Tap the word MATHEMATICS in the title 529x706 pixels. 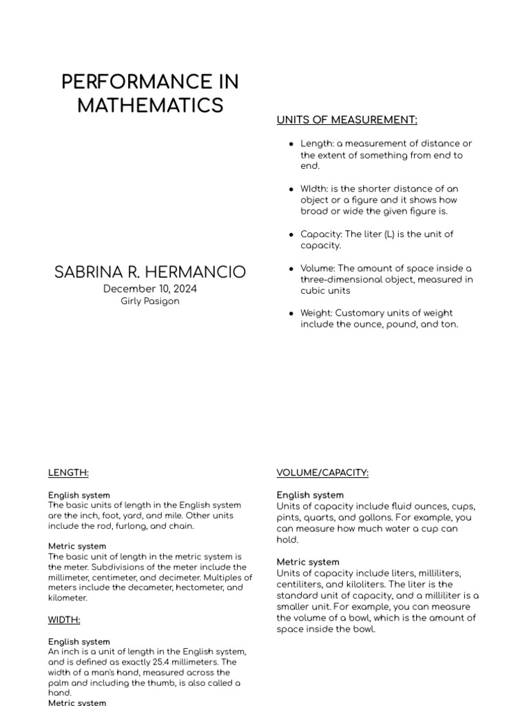(150, 105)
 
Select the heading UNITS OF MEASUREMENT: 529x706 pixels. (346, 120)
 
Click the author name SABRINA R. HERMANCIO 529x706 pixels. (150, 272)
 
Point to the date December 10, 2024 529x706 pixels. (150, 289)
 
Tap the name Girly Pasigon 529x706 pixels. (150, 301)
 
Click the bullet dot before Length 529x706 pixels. (291, 144)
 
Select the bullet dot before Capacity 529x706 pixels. (291, 234)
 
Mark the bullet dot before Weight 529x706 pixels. (291, 314)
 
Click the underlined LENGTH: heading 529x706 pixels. (68, 473)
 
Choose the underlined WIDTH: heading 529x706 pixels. (64, 620)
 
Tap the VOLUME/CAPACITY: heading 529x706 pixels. (322, 473)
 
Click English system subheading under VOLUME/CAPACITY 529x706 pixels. (310, 495)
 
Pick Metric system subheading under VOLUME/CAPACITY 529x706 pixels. (308, 562)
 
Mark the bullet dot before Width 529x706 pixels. (291, 189)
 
